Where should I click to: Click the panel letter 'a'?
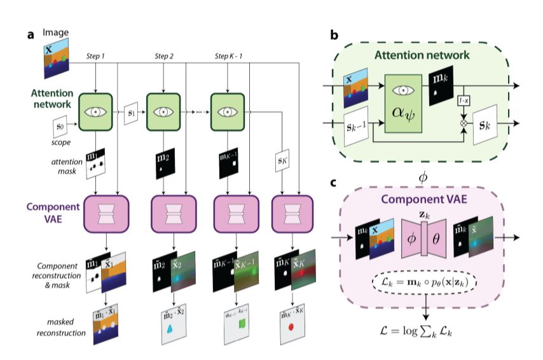point(30,34)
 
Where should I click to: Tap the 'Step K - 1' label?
point(228,57)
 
